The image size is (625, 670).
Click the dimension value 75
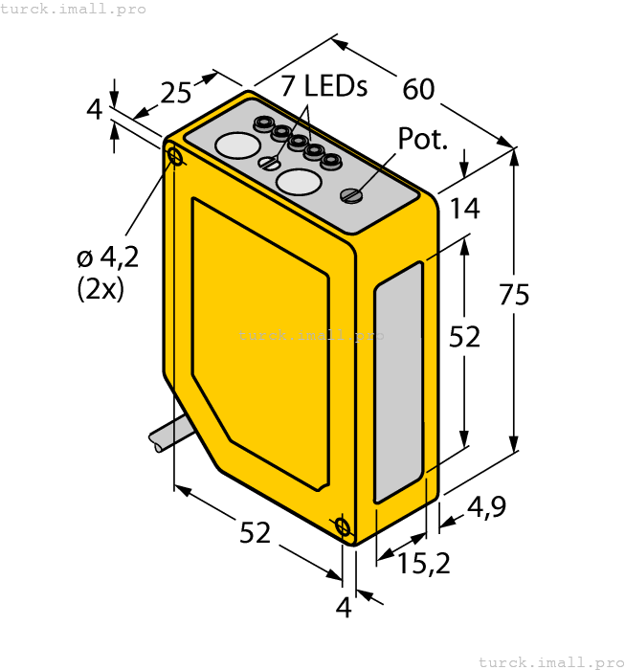click(x=514, y=296)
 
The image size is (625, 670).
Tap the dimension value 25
click(x=176, y=93)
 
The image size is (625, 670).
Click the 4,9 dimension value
click(x=487, y=507)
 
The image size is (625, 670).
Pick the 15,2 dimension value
click(x=424, y=565)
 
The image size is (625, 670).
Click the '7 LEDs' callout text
click(x=324, y=86)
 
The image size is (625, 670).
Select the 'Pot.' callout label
click(x=422, y=139)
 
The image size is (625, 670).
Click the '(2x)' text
click(x=100, y=288)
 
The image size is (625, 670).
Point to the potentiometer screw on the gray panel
click(x=351, y=196)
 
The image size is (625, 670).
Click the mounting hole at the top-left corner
click(x=175, y=156)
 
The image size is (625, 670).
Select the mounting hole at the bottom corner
click(x=343, y=526)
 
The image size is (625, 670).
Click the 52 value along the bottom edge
click(x=255, y=533)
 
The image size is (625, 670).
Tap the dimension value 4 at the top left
click(x=94, y=110)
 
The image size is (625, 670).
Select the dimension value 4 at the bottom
click(x=343, y=606)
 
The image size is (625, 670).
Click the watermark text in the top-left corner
click(x=74, y=9)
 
